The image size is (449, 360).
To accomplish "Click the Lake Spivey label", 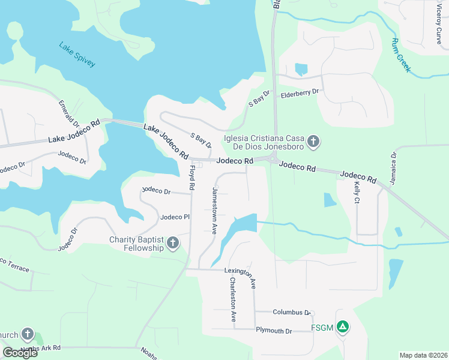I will pos(77,54).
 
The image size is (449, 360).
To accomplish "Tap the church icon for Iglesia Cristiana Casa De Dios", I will pos(313,142).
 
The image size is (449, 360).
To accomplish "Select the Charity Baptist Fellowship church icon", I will pos(173,243).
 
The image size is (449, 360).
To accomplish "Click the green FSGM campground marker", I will pos(342,328).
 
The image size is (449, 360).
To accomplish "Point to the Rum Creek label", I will pos(401,56).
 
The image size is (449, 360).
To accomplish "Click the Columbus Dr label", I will pos(291,312).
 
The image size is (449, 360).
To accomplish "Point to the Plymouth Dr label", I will pos(274,331).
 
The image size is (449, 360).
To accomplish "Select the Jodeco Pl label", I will pos(175,217).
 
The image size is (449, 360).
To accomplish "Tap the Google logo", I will pos(20,352).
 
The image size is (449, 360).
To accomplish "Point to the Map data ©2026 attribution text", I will pos(423,355).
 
